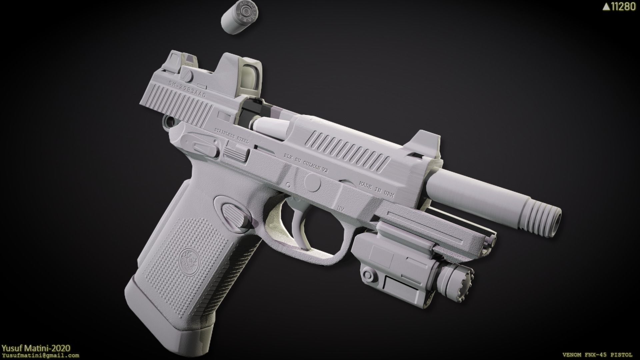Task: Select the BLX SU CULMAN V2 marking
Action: (x=306, y=163)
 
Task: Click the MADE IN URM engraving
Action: (x=376, y=190)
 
